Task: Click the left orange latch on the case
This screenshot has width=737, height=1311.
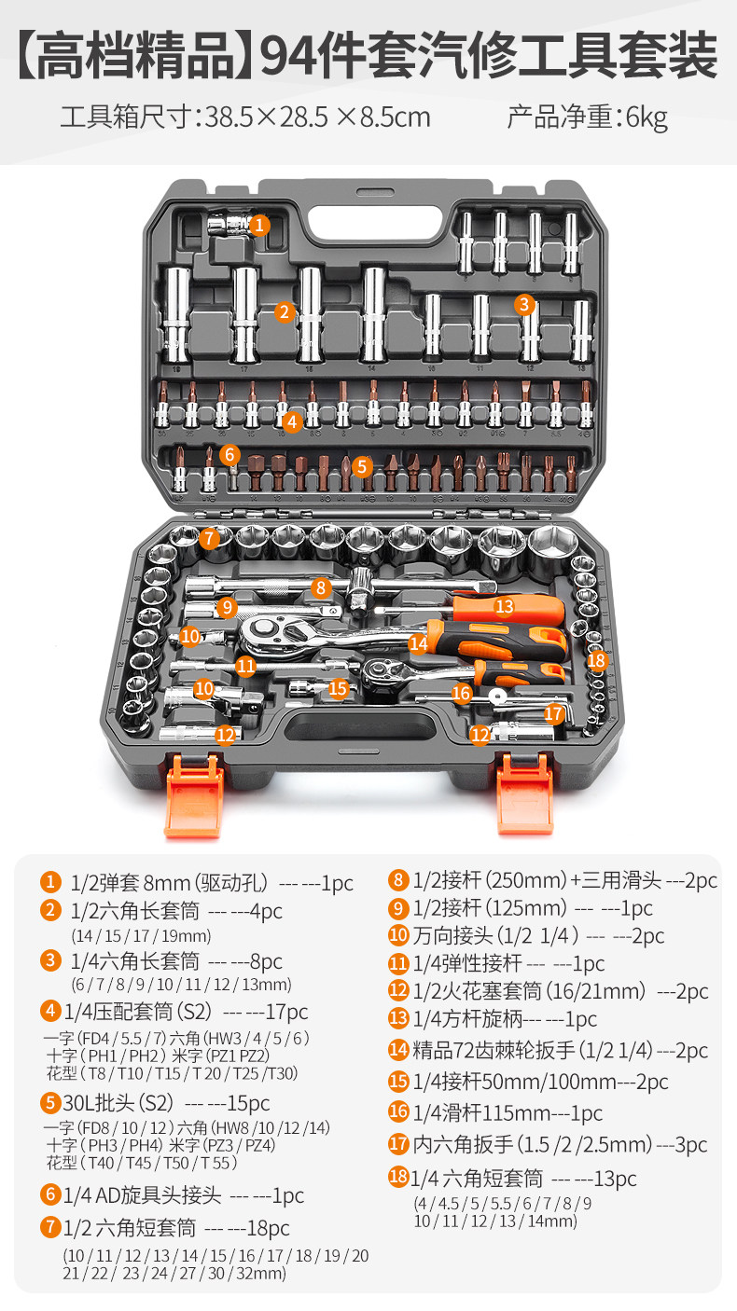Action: (x=194, y=796)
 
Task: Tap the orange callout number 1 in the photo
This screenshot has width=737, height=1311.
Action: (x=259, y=225)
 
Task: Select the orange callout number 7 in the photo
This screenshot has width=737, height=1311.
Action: (x=209, y=538)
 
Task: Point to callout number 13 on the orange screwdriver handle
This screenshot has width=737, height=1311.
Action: (x=504, y=606)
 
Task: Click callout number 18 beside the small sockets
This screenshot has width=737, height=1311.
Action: (x=596, y=661)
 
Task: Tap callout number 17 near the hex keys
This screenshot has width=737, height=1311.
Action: (x=554, y=713)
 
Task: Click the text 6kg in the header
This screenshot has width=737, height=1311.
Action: (x=647, y=117)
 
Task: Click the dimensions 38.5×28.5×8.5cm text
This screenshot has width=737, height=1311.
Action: (x=318, y=117)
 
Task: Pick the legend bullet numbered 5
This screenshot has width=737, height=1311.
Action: (x=50, y=1103)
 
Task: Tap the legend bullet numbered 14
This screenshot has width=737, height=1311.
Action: (x=398, y=1050)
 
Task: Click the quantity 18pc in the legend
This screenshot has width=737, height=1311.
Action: (x=268, y=1228)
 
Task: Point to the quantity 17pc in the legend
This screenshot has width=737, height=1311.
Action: (x=286, y=1012)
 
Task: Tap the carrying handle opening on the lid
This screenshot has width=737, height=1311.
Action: (x=375, y=221)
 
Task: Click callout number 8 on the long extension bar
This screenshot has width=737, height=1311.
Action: (x=320, y=587)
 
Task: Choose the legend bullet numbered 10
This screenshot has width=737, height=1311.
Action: (x=398, y=934)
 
